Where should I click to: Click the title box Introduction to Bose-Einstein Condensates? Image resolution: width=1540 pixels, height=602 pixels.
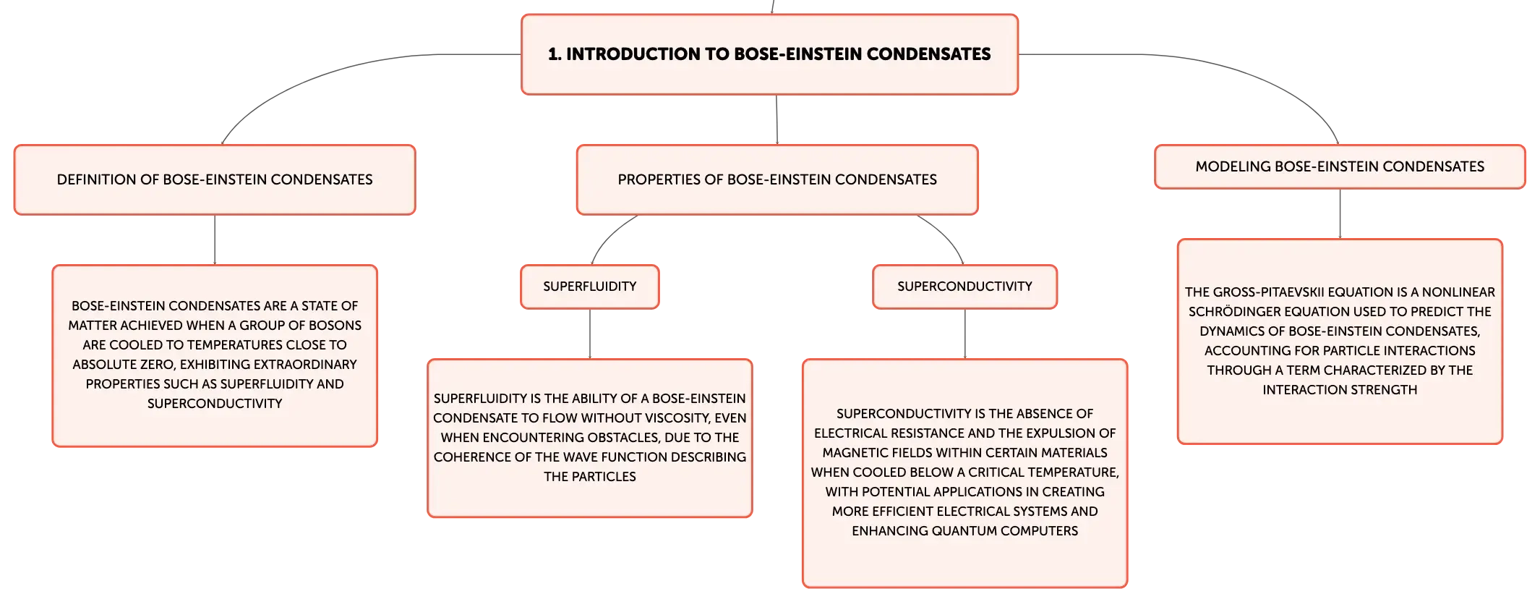pyautogui.click(x=769, y=54)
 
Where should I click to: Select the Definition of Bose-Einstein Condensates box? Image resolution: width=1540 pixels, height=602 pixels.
pyautogui.click(x=215, y=179)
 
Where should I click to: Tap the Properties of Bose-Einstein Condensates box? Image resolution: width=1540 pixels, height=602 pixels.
pyautogui.click(x=777, y=179)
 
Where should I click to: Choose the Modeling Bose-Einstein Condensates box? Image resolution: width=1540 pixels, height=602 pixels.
pyautogui.click(x=1340, y=166)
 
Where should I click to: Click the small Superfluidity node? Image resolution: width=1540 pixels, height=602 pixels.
pyautogui.click(x=590, y=287)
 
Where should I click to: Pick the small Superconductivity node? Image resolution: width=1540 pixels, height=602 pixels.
pyautogui.click(x=964, y=287)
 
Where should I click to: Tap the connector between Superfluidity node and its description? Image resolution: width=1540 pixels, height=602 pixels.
pyautogui.click(x=590, y=334)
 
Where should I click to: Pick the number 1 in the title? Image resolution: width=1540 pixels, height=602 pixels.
pyautogui.click(x=552, y=54)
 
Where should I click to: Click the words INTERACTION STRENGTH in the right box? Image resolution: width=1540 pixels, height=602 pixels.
pyautogui.click(x=1340, y=390)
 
